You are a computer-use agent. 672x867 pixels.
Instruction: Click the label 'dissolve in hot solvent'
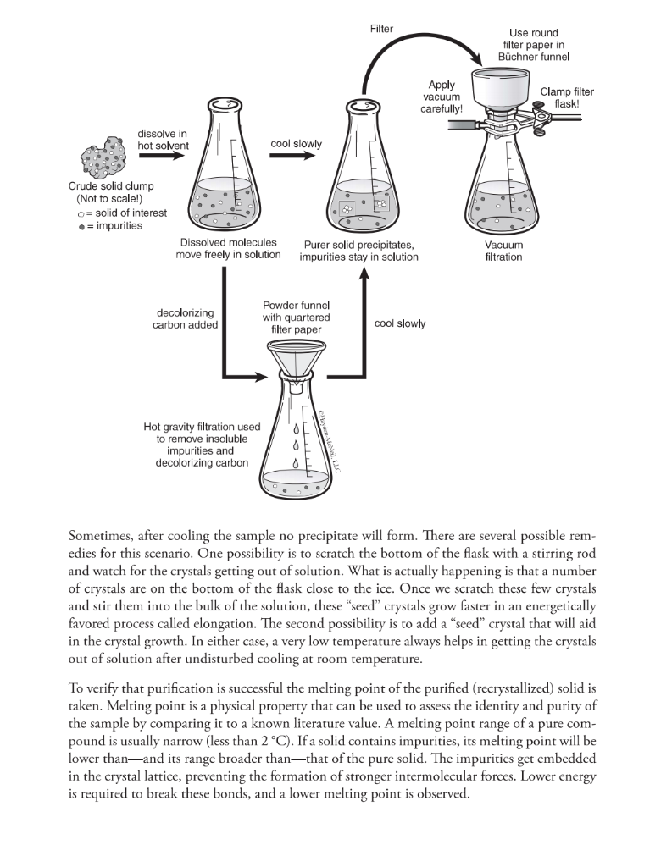(163, 140)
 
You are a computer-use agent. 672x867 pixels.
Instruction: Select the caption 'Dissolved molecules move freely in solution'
(229, 249)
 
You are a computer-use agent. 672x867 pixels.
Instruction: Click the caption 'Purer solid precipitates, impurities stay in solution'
(358, 251)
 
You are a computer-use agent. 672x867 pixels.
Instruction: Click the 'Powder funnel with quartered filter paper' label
(296, 317)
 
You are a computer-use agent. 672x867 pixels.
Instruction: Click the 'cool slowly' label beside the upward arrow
(400, 323)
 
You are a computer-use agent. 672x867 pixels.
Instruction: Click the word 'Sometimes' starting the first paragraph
(99, 537)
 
